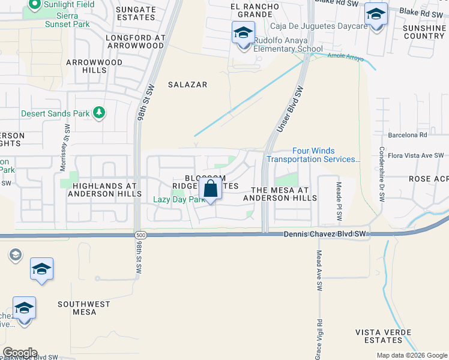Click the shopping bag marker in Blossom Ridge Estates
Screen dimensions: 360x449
pyautogui.click(x=211, y=189)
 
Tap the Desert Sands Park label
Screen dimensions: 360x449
pyautogui.click(x=55, y=113)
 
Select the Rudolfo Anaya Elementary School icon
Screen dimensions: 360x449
pyautogui.click(x=243, y=33)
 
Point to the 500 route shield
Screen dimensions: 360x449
pyautogui.click(x=139, y=235)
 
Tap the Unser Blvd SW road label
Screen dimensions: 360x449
pyautogui.click(x=289, y=109)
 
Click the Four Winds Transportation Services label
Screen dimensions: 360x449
pyautogui.click(x=313, y=155)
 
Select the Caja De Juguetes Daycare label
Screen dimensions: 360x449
pyautogui.click(x=310, y=26)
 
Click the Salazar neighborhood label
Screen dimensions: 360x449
pyautogui.click(x=187, y=85)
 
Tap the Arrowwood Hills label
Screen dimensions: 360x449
pyautogui.click(x=94, y=66)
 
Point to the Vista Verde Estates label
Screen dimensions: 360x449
pyautogui.click(x=383, y=335)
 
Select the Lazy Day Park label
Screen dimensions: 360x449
pyautogui.click(x=179, y=199)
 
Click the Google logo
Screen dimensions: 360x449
pyautogui.click(x=20, y=353)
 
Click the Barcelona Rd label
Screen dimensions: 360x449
pyautogui.click(x=407, y=135)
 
